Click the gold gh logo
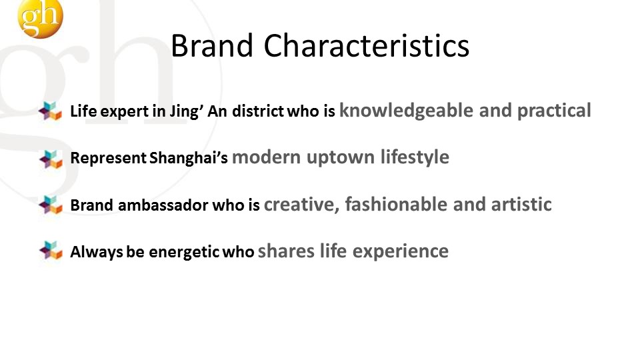coord(41,18)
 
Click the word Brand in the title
coord(212,46)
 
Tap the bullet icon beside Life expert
coord(50,111)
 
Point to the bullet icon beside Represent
coord(50,159)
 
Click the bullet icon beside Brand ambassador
coord(50,205)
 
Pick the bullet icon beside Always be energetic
coord(50,251)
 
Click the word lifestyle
coord(415,157)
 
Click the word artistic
coord(521,204)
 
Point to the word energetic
coord(184,252)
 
